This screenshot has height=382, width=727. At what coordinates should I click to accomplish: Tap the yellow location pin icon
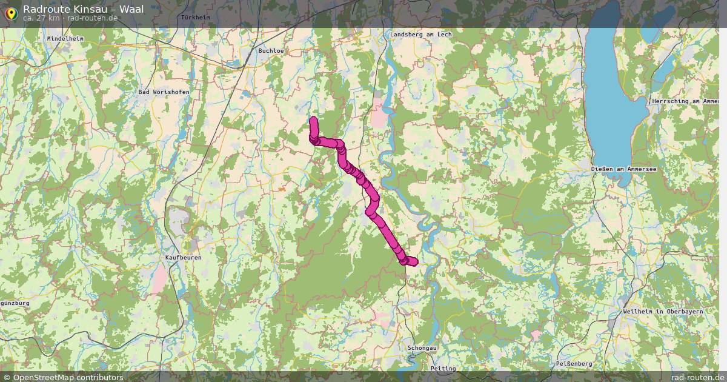coord(11,13)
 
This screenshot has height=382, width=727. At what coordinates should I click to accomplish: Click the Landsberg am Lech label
coord(421,35)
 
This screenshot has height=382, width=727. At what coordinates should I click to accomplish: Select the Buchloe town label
coord(271,51)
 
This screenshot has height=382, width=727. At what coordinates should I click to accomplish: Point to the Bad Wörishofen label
coord(164,92)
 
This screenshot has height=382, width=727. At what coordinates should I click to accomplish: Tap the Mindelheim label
coord(65,38)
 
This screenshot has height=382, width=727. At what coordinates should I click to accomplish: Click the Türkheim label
coord(195,18)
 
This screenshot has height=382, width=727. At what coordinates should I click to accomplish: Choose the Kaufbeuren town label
coord(183,258)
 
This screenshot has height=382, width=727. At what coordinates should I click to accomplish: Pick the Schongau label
coord(422,349)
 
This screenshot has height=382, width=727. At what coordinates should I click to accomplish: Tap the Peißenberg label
coord(574,363)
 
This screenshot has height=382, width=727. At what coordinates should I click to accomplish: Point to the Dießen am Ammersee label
coord(623,169)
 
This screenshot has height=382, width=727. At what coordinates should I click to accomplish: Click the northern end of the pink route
coord(313,120)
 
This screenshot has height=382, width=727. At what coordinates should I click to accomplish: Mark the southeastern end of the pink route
coord(414,261)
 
